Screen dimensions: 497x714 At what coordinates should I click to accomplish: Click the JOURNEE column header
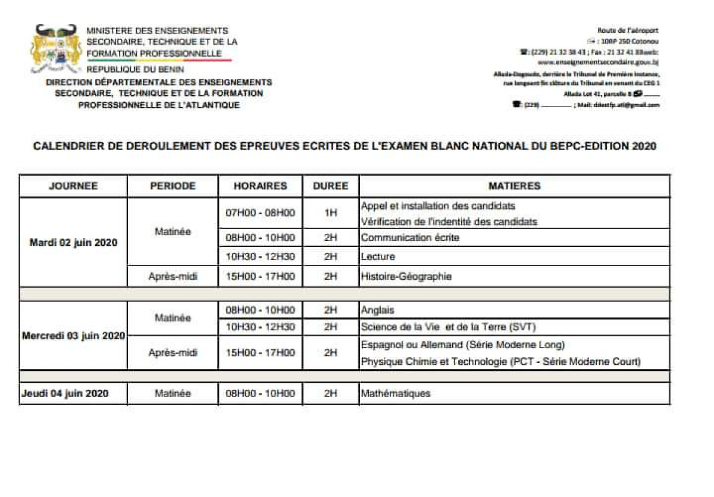point(73,186)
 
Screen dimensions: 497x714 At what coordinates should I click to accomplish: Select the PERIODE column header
point(173,186)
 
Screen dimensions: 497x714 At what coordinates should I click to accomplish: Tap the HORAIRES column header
point(260,186)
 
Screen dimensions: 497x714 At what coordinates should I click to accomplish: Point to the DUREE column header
point(331,186)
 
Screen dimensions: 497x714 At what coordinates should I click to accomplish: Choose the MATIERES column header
point(514,186)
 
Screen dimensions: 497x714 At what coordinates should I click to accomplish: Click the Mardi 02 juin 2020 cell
point(74,242)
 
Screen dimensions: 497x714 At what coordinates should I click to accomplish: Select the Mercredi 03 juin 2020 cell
point(74,336)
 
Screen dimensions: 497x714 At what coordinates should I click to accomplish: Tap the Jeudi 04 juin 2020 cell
point(65,393)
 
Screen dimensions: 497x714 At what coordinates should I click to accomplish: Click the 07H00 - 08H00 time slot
point(260,213)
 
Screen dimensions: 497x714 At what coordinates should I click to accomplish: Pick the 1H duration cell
point(331,213)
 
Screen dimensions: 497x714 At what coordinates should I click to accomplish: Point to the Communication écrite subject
point(410,237)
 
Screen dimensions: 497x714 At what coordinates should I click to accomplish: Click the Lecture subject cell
point(378,257)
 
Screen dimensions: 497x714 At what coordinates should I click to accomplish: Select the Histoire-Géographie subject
point(406,276)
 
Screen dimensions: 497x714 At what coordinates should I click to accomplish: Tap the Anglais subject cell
point(378,310)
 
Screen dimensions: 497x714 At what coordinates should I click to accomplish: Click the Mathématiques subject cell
point(396,393)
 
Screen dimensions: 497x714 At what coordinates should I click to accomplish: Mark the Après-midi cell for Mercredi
point(173,352)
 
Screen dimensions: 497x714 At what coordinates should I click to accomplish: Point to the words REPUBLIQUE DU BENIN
point(135,70)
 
